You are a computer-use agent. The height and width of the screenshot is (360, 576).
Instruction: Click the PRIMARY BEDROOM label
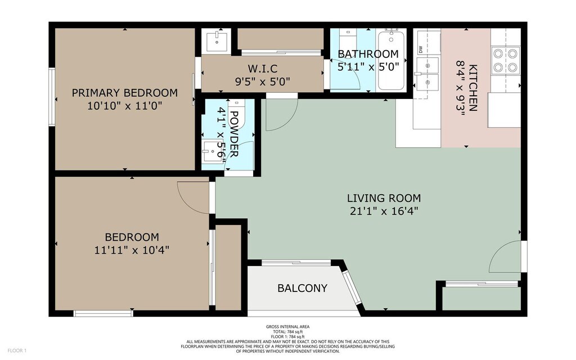click(x=124, y=93)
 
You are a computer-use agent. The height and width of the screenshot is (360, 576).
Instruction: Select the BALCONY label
click(x=302, y=289)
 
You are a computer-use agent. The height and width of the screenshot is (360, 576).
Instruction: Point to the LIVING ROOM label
click(x=384, y=199)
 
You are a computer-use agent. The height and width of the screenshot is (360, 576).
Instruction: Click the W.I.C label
click(x=263, y=69)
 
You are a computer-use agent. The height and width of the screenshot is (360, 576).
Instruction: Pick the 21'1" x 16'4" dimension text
click(x=384, y=211)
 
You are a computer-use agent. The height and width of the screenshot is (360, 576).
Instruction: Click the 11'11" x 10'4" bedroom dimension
click(x=132, y=250)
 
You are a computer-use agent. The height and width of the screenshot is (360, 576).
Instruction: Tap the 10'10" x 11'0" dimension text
click(x=124, y=106)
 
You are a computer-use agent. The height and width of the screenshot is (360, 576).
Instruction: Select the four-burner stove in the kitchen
click(x=505, y=60)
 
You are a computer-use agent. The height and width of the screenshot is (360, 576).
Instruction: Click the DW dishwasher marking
click(x=420, y=49)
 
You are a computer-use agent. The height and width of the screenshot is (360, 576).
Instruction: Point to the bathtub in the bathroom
click(x=391, y=61)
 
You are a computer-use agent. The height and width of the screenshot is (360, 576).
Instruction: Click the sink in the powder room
click(x=213, y=150)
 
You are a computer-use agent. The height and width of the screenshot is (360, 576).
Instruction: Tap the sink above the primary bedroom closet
click(x=217, y=42)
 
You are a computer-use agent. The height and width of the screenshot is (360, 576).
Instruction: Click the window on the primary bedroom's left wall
click(x=52, y=97)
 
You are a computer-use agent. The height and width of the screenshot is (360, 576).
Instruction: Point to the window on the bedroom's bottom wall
click(x=103, y=313)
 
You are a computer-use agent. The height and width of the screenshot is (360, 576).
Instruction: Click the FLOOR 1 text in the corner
click(x=17, y=350)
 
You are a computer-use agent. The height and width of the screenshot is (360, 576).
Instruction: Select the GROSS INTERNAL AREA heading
click(x=287, y=327)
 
